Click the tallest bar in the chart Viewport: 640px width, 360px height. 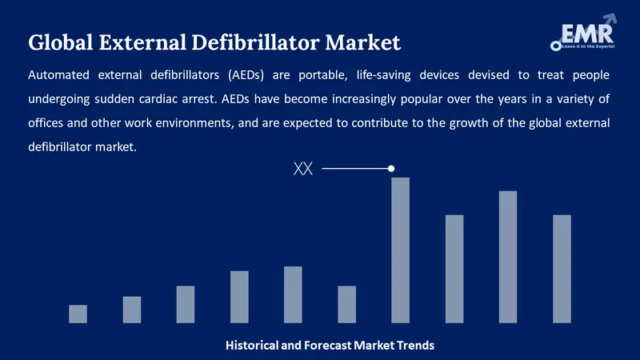tap(400, 250)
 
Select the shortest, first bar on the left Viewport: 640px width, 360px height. tap(78, 314)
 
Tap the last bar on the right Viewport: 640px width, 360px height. tap(562, 269)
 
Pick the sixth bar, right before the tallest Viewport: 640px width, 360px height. tap(346, 304)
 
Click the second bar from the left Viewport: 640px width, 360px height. tap(132, 310)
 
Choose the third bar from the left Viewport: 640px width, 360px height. tap(186, 304)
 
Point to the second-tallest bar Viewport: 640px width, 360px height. tap(508, 256)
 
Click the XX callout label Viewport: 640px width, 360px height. tap(303, 169)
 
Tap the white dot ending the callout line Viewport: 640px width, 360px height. tap(391, 169)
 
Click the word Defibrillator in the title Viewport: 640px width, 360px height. tap(262, 41)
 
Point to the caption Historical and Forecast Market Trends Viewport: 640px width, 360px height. tap(330, 346)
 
